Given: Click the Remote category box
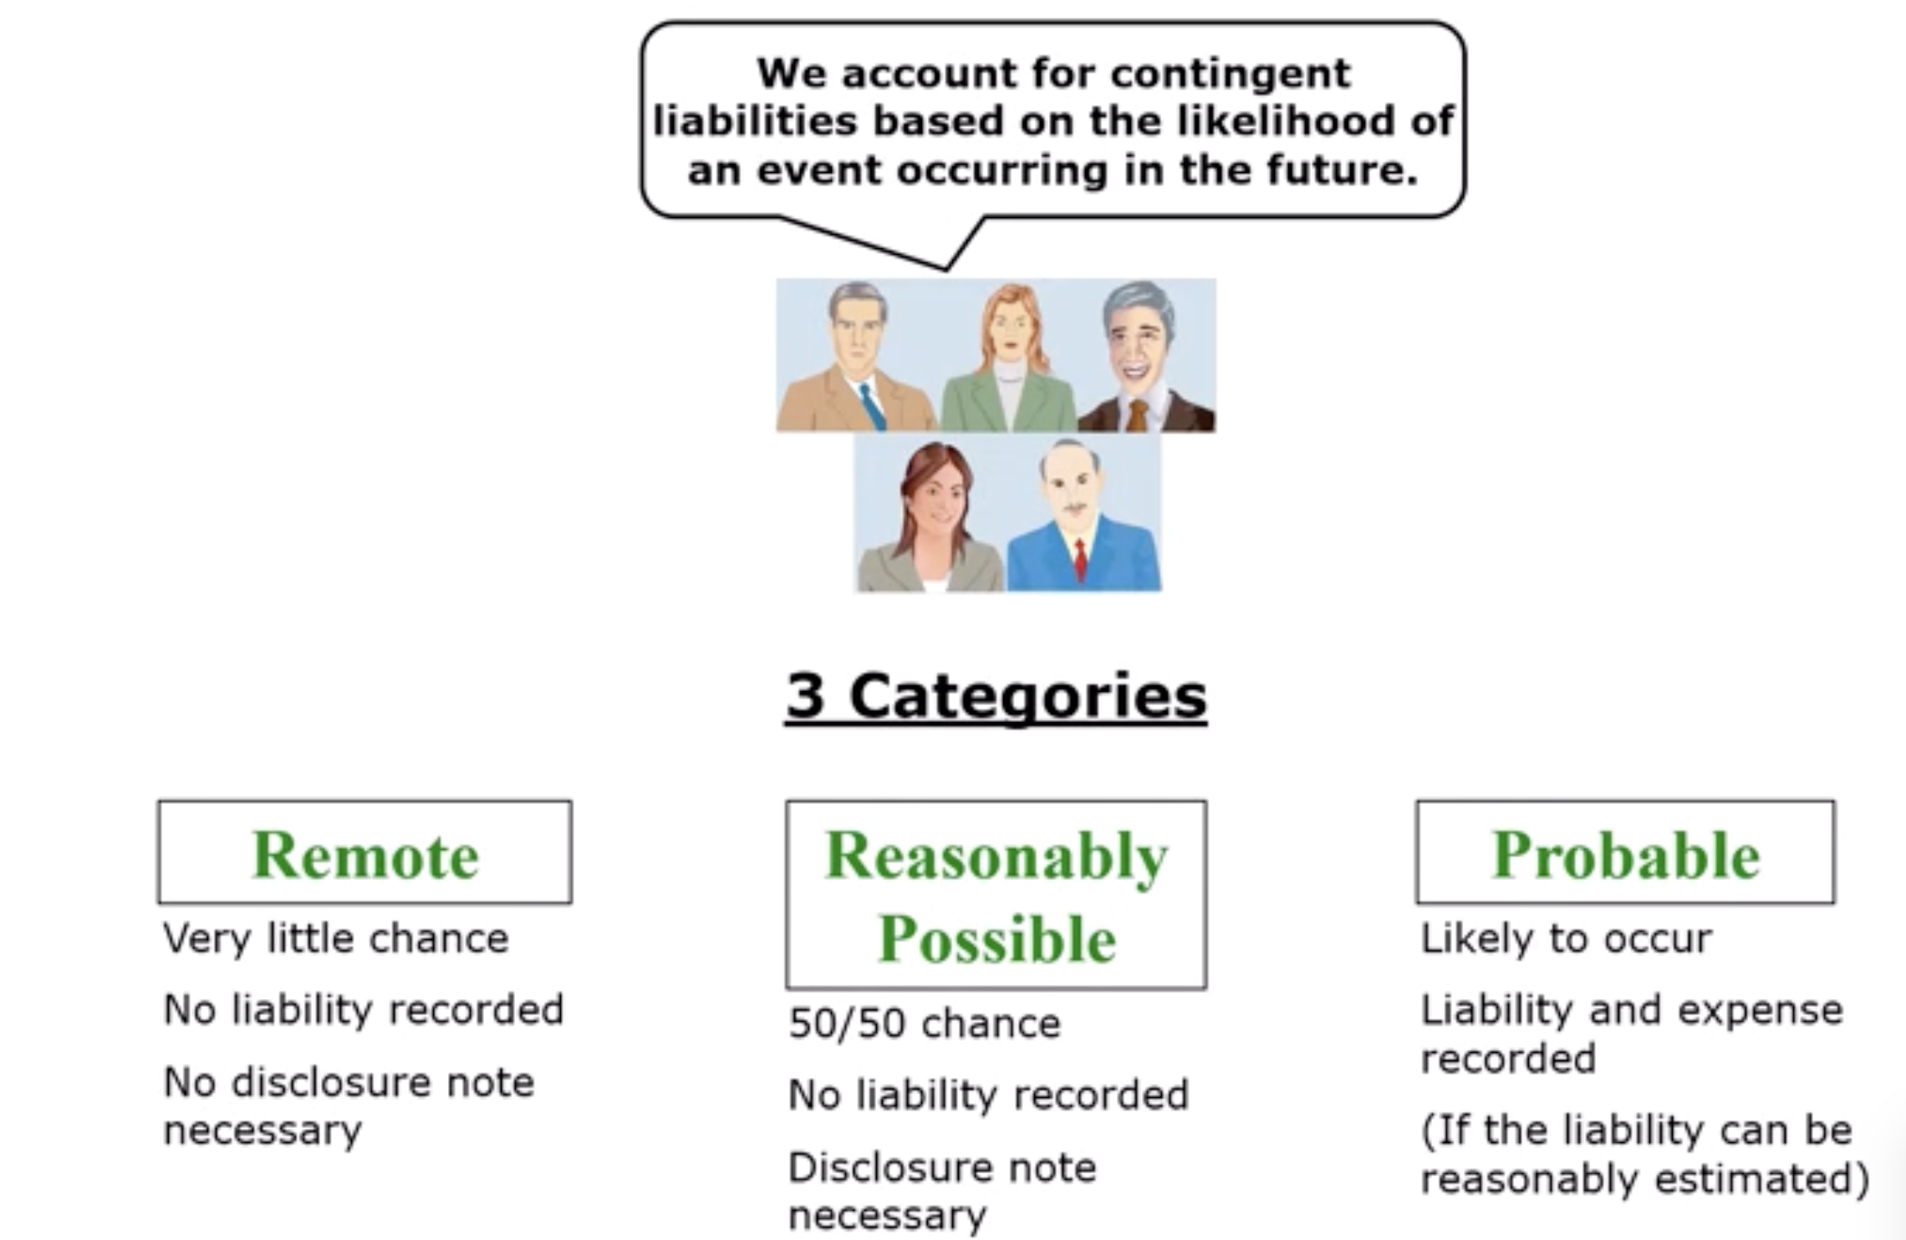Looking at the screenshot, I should pos(365,853).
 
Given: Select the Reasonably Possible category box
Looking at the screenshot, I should pos(996,895).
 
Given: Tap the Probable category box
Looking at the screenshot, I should pos(1625,853).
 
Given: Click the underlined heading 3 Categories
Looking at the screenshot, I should pos(996,695).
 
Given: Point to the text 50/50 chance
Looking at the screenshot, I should pos(925,1024).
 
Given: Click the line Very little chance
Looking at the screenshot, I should pos(336,938).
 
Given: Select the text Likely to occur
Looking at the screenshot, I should pos(1566,938).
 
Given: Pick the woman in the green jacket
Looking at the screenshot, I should pos(1010,359).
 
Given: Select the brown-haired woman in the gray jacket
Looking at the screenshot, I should pos(933,518).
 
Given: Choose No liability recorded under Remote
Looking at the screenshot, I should pos(364,1009).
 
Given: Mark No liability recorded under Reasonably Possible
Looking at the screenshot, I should pos(988,1095).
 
